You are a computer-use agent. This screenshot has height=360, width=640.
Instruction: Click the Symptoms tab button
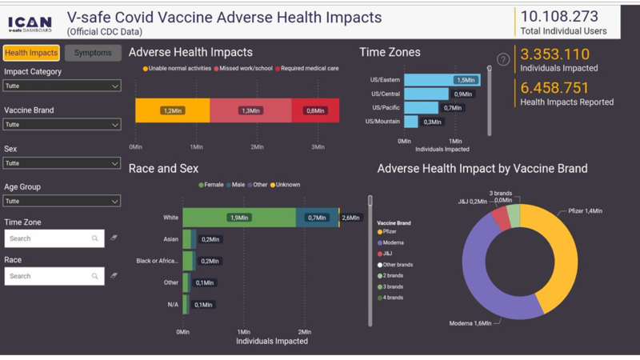coord(93,53)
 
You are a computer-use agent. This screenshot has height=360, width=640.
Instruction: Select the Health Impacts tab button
coord(31,53)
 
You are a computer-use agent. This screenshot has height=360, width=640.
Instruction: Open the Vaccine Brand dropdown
coord(62,124)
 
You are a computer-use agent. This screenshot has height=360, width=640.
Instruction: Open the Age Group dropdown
coord(62,201)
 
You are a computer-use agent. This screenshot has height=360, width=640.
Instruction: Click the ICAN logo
coord(30,23)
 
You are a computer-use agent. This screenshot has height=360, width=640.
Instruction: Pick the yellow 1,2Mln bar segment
coord(172,110)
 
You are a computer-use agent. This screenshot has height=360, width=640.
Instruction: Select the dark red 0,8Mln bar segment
coord(316,110)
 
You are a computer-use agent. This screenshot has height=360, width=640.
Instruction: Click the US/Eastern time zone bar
coord(441,80)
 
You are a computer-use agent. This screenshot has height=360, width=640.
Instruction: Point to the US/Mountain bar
coord(411,122)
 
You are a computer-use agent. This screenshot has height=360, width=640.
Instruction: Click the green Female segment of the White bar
coord(238,217)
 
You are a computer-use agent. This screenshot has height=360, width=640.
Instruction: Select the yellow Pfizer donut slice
coord(560,248)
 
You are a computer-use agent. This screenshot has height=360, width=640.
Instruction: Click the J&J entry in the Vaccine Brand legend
coord(387,254)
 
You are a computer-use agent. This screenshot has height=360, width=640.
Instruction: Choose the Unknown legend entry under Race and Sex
coord(286,185)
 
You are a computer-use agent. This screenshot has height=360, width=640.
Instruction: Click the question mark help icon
coord(503,59)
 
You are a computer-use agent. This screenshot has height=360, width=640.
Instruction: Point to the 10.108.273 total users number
coord(559,16)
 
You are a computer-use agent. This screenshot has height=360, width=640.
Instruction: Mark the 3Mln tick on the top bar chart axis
coord(318,147)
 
